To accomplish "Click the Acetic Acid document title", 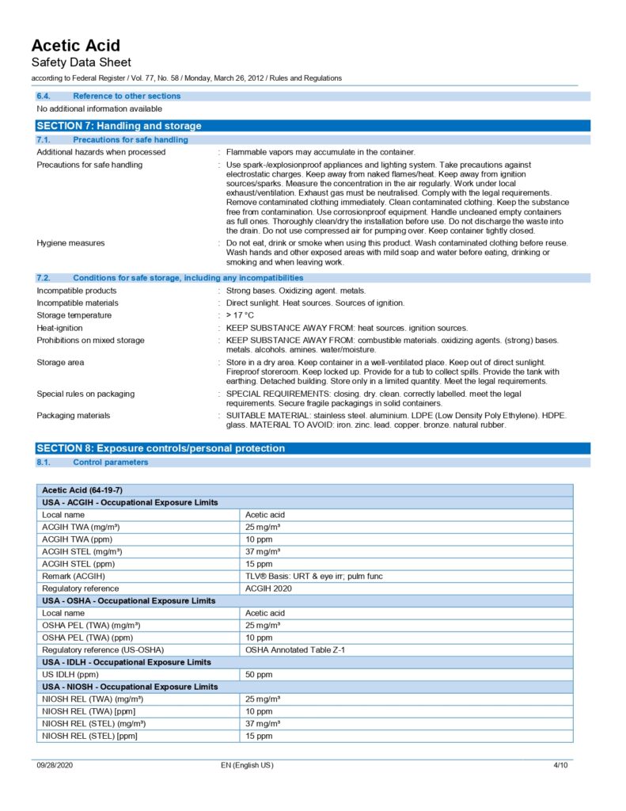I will (76, 45).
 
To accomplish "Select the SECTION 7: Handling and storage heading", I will (120, 126).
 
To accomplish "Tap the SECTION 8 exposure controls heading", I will (161, 448).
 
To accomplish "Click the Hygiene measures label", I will (70, 243).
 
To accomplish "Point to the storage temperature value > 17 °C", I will (240, 315).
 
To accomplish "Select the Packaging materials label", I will (74, 415).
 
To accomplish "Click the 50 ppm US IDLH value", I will (259, 674).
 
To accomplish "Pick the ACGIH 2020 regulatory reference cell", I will (269, 588).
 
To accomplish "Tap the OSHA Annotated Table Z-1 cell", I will (295, 649).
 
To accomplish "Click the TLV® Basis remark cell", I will (313, 577).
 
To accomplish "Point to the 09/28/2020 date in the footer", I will (55, 765).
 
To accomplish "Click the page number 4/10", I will (560, 765).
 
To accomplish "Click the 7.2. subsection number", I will (44, 278).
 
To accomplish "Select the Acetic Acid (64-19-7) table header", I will (82, 490).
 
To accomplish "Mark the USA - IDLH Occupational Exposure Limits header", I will (127, 662).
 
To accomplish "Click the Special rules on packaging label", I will (85, 394).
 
